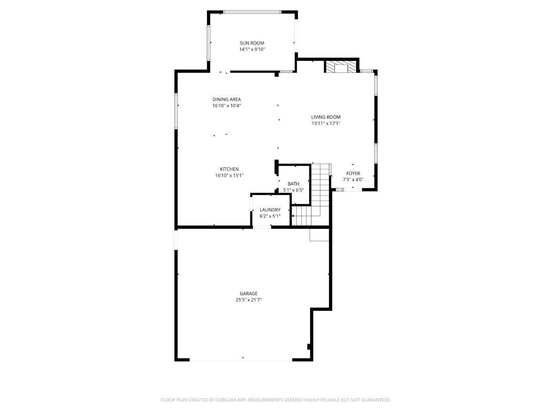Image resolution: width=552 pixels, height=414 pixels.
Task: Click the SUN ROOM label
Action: [252, 43]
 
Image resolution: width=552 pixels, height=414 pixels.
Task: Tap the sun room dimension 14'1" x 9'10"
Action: [252, 49]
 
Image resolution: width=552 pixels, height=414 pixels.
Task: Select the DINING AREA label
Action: [227, 100]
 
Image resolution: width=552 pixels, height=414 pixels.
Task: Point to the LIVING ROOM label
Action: [325, 117]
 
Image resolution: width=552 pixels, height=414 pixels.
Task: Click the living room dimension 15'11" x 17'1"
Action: [325, 123]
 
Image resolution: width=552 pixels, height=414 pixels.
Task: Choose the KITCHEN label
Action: [229, 169]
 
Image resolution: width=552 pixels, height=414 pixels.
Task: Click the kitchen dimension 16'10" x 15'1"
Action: [229, 176]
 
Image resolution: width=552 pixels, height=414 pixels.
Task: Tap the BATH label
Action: [293, 184]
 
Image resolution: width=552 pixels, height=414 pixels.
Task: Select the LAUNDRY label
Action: [270, 210]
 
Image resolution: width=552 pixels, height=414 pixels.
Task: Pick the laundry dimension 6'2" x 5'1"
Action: [270, 216]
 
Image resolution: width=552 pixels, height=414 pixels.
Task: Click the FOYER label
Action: [353, 174]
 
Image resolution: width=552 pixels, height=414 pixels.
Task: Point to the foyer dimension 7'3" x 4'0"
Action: [353, 179]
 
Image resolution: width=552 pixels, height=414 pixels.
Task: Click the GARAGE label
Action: [249, 294]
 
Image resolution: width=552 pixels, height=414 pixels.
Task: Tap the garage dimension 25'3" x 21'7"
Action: [249, 300]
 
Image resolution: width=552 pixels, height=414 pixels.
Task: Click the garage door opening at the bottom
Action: [241, 360]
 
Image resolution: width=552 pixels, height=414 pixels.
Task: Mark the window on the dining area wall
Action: [176, 111]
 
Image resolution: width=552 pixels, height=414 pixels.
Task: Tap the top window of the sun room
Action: [252, 12]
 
